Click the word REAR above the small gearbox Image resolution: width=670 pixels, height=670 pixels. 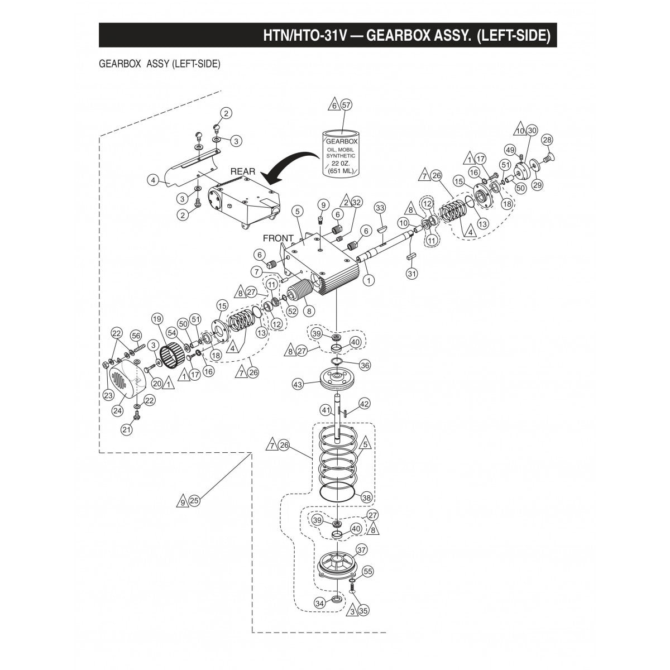243,171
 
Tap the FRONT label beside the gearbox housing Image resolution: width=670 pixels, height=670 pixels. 277,238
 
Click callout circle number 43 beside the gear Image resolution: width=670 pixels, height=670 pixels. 298,385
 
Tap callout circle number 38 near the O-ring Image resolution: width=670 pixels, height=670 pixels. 366,497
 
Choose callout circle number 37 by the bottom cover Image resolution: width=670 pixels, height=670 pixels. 362,550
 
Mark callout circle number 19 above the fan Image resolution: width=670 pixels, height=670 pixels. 157,319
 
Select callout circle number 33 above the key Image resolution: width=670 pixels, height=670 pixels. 380,208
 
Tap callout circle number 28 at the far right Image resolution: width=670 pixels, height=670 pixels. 547,140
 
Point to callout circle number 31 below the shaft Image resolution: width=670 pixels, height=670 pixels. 412,274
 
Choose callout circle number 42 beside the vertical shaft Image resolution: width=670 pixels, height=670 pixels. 364,403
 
